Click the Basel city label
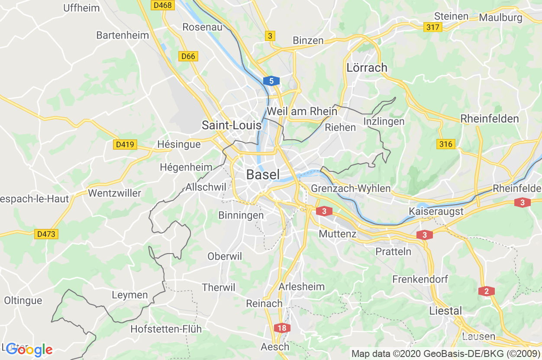[263, 174]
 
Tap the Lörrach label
[367, 67]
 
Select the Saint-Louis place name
[232, 125]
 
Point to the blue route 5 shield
[271, 80]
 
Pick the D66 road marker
[188, 56]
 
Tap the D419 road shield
[125, 145]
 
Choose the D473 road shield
[46, 234]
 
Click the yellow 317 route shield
[432, 27]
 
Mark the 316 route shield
[445, 144]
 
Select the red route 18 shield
[282, 328]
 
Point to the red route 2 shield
[487, 291]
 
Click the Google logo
[29, 350]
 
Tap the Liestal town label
[445, 311]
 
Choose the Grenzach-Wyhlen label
[351, 189]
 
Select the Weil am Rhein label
[302, 111]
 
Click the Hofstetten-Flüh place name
[166, 329]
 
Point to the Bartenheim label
[123, 35]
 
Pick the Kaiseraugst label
[436, 212]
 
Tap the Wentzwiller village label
[114, 193]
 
